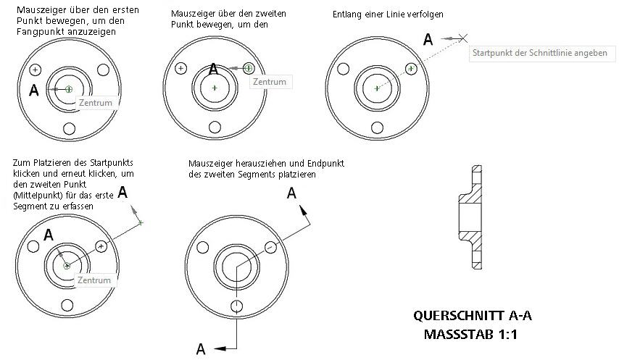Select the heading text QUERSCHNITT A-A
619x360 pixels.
476,316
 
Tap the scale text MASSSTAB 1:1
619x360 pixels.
476,335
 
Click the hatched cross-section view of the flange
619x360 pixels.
472,217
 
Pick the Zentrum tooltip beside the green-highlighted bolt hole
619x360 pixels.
270,82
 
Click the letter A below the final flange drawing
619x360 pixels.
201,349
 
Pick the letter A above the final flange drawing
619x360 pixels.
292,193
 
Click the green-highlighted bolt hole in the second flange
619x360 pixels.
249,68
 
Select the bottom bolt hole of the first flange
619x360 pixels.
70,129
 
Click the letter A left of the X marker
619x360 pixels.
428,39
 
